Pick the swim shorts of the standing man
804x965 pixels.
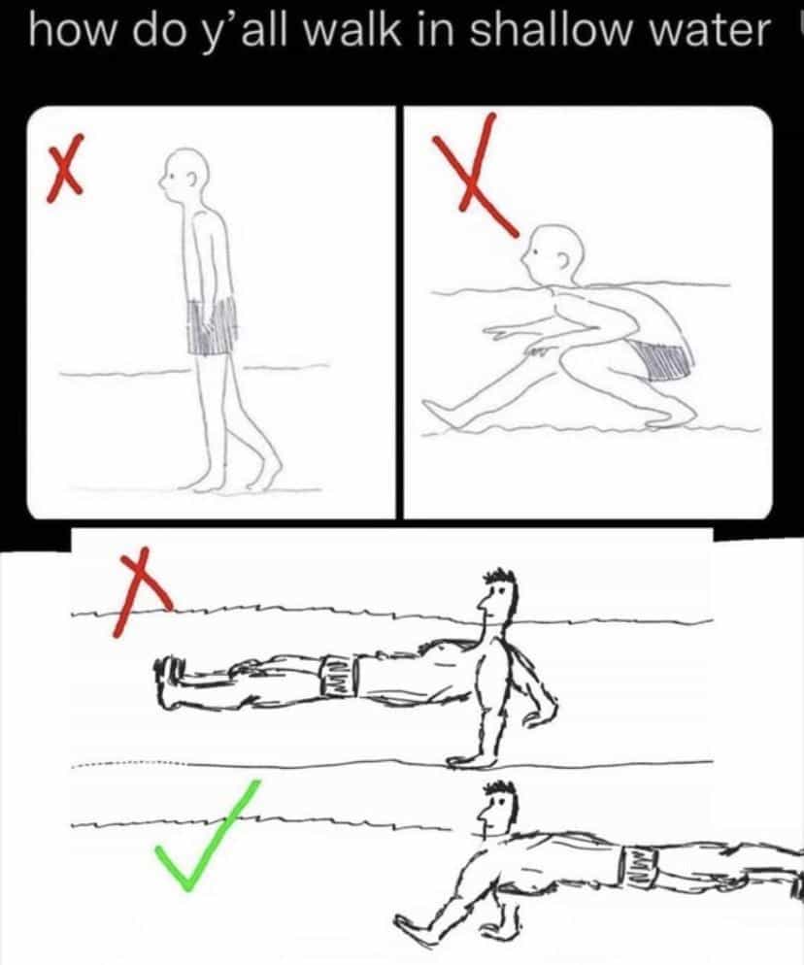click(x=212, y=325)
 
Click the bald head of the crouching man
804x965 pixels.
click(x=552, y=252)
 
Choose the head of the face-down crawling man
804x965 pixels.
click(x=497, y=808)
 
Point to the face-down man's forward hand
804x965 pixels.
click(x=414, y=927)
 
